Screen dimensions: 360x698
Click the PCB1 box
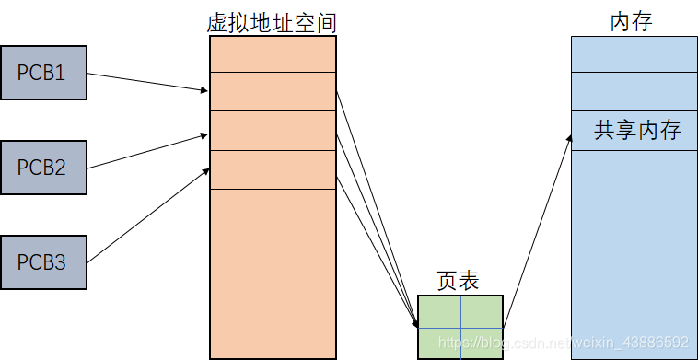43,72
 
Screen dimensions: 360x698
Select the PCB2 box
43,168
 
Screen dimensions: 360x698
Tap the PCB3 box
43,262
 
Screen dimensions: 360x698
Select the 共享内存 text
637,130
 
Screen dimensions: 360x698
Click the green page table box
460,327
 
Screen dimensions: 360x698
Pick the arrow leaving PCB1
147,82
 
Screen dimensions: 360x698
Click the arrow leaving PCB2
147,152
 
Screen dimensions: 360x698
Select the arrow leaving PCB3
147,215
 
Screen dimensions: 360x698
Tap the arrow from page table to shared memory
537,230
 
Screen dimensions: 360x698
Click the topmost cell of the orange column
273,53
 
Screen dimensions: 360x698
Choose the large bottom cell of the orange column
273,272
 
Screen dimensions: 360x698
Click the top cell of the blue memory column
633,54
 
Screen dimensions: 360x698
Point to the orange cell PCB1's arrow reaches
273,91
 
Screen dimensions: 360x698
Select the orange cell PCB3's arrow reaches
273,169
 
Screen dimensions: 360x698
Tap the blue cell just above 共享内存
633,91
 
